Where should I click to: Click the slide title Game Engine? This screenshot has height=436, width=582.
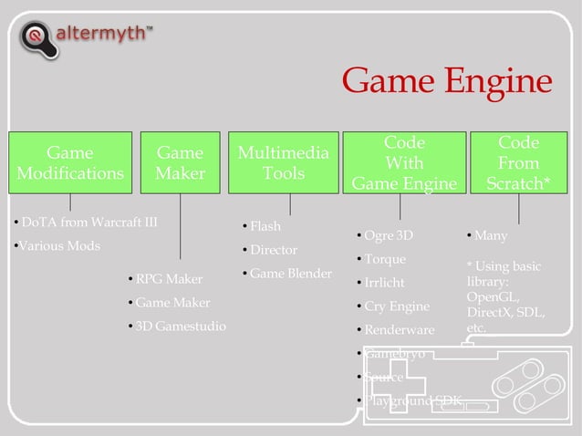click(x=447, y=82)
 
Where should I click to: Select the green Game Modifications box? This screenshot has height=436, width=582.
click(x=69, y=162)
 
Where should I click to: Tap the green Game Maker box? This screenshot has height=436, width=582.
click(x=180, y=162)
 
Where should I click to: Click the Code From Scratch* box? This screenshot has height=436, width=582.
click(x=518, y=163)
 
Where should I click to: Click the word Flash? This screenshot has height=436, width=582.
click(x=265, y=226)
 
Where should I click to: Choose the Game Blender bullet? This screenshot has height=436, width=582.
click(x=290, y=274)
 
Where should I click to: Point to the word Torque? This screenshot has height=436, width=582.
click(x=385, y=259)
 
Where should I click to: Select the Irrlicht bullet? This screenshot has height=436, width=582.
click(x=384, y=283)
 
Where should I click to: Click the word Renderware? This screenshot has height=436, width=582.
click(x=400, y=329)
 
